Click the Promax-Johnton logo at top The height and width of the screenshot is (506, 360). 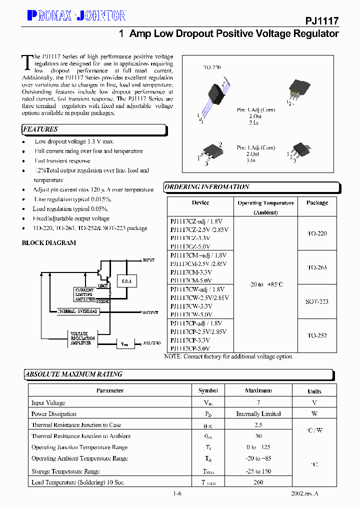[76, 16]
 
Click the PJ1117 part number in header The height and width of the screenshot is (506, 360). [322, 20]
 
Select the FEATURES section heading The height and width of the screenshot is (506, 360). [40, 129]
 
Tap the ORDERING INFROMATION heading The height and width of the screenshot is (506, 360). [207, 187]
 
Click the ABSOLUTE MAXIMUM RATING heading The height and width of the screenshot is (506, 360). [73, 374]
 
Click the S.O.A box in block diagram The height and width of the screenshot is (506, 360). [126, 282]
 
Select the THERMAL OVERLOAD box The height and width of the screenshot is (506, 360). [78, 311]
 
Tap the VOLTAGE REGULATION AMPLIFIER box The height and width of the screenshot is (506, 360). [81, 338]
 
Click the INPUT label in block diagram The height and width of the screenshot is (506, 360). [149, 260]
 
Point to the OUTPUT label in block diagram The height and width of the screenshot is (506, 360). [150, 312]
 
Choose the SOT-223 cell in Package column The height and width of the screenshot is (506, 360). [317, 301]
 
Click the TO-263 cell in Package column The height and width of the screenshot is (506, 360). [317, 267]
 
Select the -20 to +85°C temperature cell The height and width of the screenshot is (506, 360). [265, 284]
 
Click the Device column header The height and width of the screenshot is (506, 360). [200, 202]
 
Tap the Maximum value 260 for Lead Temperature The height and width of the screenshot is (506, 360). [258, 482]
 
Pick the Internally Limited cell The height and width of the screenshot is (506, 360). [258, 414]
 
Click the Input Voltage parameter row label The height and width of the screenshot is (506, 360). [48, 403]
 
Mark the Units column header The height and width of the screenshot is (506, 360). [314, 391]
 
